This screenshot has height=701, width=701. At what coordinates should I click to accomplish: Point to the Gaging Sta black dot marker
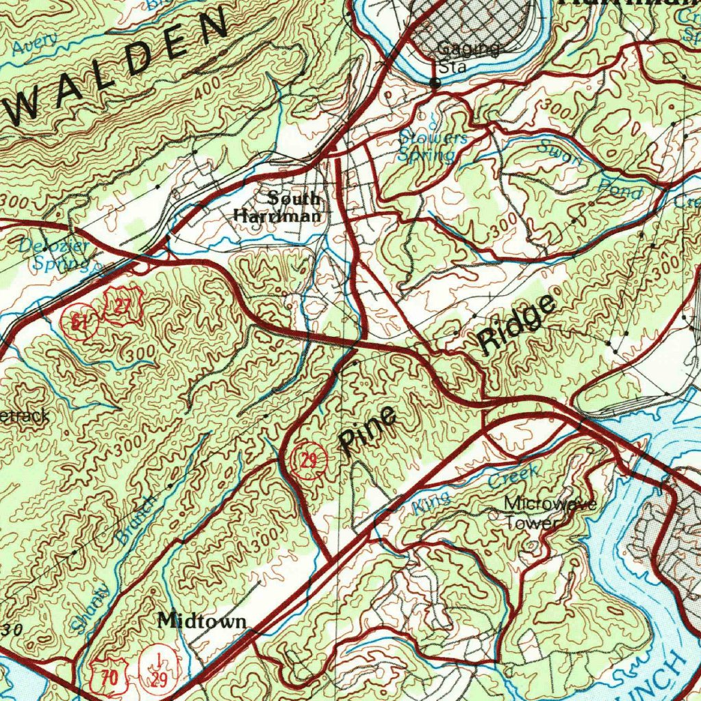435,84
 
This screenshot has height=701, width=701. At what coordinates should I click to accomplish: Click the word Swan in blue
559,154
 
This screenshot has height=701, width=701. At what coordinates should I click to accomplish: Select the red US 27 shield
122,306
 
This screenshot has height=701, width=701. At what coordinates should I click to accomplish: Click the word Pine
368,431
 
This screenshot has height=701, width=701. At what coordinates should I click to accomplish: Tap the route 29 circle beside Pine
309,461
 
